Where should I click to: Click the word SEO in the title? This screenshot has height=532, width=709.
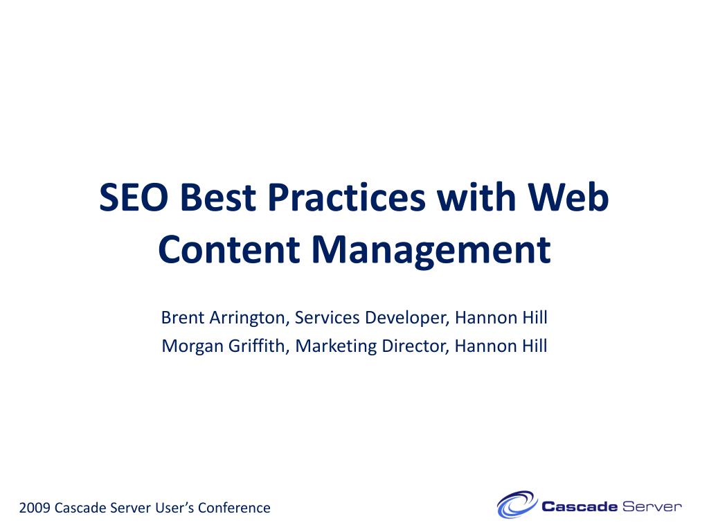point(134,197)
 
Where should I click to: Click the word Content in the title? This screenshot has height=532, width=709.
point(229,249)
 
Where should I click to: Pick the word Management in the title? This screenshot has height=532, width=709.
point(431,250)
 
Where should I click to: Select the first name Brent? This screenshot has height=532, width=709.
point(183,317)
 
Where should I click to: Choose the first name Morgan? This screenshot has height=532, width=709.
point(192,347)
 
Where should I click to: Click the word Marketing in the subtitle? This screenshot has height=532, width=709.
point(336,347)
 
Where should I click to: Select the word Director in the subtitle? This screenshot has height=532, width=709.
point(415,346)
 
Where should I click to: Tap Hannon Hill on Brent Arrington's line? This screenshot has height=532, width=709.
point(501,317)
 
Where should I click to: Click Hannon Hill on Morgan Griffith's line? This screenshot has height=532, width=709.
point(501,346)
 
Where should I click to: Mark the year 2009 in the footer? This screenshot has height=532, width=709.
point(35,508)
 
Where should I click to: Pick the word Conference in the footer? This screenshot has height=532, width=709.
point(234,508)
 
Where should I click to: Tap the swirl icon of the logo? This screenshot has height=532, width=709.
point(517,504)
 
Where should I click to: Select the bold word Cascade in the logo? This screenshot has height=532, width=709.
point(580,506)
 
